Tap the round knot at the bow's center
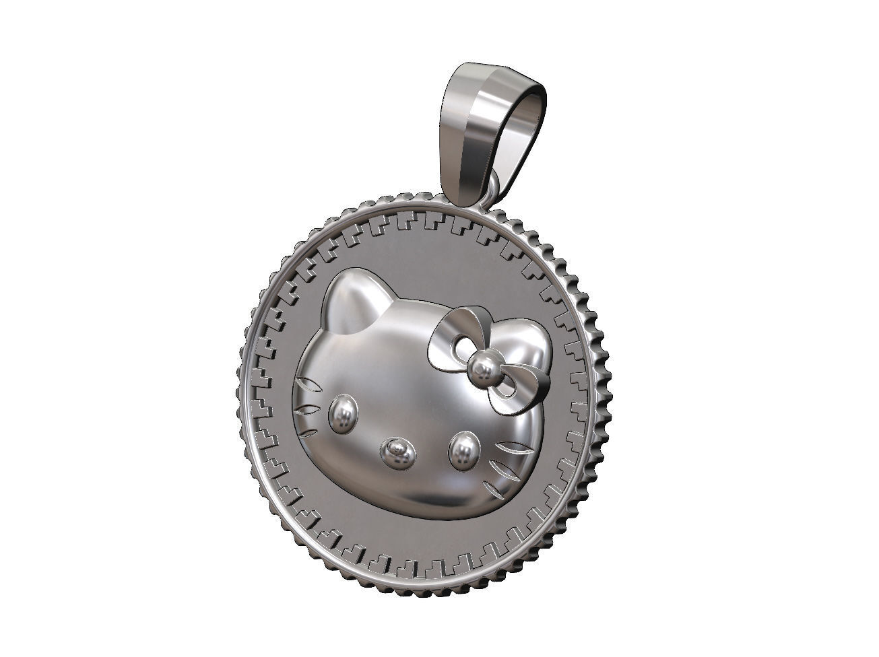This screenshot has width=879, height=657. click(482, 367)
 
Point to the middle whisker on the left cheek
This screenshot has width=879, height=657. click(308, 409)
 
